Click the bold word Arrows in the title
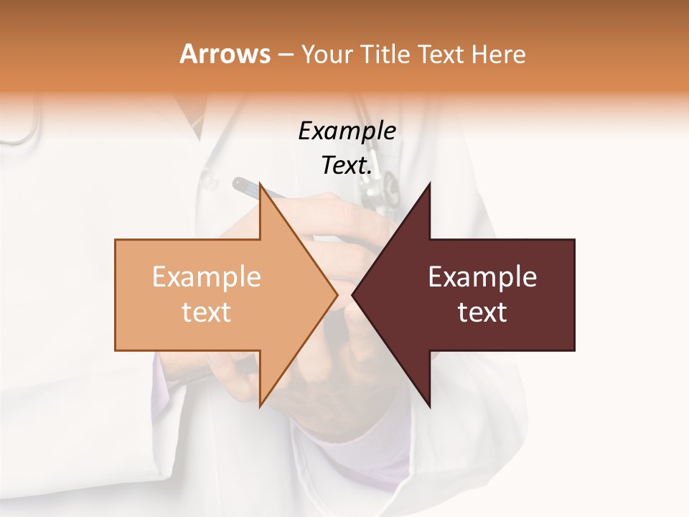pyautogui.click(x=225, y=54)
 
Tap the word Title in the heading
pyautogui.click(x=386, y=55)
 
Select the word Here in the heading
pyautogui.click(x=498, y=55)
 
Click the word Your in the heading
pyautogui.click(x=327, y=55)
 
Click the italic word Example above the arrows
pyautogui.click(x=347, y=131)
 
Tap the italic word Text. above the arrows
pyautogui.click(x=347, y=166)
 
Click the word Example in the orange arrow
pyautogui.click(x=207, y=277)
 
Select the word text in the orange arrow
pyautogui.click(x=207, y=312)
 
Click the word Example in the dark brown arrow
pyautogui.click(x=482, y=277)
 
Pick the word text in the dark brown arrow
pyautogui.click(x=482, y=312)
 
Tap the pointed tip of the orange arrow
pyautogui.click(x=337, y=294)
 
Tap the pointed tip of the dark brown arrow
pyautogui.click(x=352, y=294)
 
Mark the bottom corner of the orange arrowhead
pyautogui.click(x=260, y=406)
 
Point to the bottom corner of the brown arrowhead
pyautogui.click(x=430, y=406)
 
